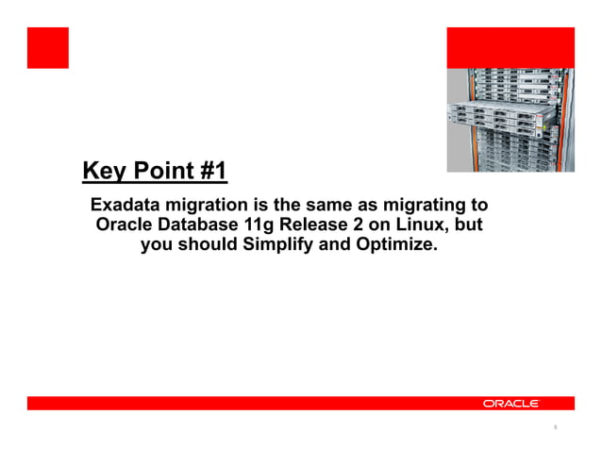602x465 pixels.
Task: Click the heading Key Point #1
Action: [x=155, y=172]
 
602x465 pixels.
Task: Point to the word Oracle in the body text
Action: [x=123, y=225]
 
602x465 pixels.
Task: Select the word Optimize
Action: [x=401, y=247]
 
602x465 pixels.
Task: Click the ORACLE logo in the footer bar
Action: [x=510, y=404]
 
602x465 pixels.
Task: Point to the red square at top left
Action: [x=47, y=47]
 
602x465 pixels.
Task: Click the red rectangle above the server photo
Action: [x=510, y=47]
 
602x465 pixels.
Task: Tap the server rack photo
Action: [x=510, y=120]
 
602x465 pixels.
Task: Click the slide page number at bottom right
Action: [x=556, y=428]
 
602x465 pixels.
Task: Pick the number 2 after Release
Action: [x=359, y=225]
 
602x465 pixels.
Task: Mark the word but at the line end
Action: [x=470, y=225]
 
